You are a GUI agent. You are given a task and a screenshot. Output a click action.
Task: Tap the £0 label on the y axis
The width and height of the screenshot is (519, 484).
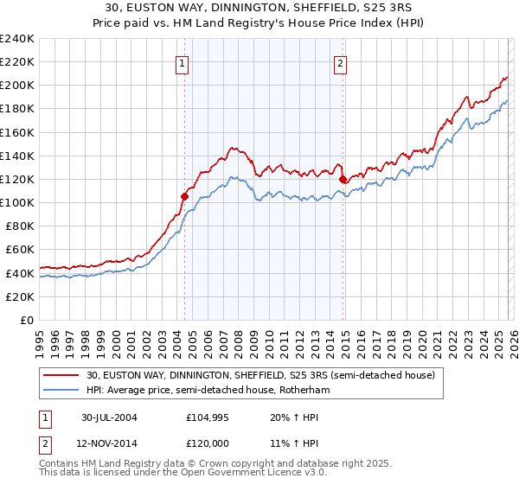tap(26, 320)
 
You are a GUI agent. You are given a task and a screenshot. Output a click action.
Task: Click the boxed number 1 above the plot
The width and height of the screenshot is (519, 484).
tap(183, 62)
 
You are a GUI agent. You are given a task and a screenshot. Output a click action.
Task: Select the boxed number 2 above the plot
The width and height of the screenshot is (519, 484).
tap(341, 62)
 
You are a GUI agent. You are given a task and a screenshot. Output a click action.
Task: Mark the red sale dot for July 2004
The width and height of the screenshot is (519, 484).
tap(184, 196)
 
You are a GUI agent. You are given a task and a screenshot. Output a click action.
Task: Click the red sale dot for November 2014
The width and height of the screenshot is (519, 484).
tap(343, 179)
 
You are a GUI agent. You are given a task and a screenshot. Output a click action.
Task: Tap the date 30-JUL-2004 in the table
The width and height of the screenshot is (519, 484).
tap(109, 417)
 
